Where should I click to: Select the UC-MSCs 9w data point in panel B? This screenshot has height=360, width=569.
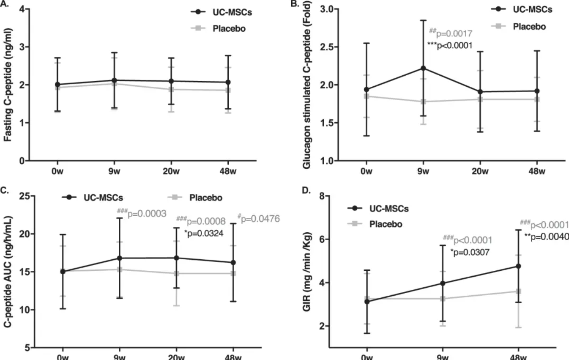click(x=423, y=68)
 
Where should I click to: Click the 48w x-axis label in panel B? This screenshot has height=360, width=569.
click(x=537, y=171)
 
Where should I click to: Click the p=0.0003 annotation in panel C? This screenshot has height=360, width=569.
click(x=142, y=214)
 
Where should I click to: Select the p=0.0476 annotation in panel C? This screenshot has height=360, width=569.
click(x=258, y=219)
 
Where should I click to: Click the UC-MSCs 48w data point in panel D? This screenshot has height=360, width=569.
click(x=519, y=266)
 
